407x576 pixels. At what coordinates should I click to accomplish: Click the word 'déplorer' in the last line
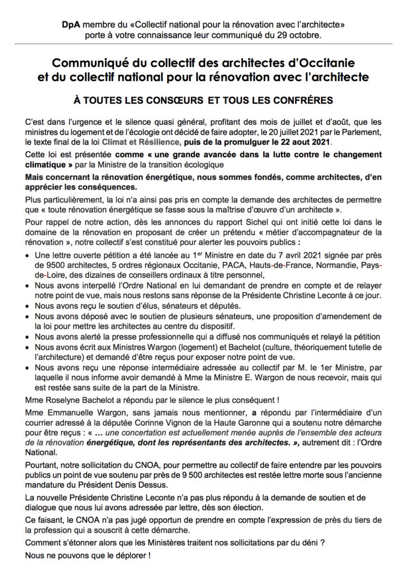click(x=123, y=555)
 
